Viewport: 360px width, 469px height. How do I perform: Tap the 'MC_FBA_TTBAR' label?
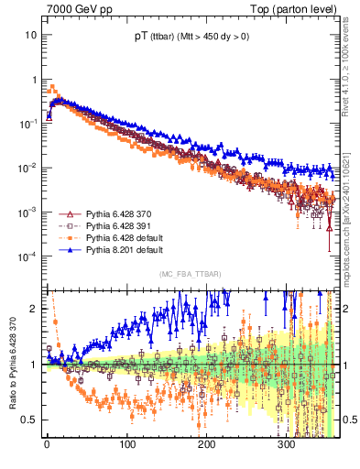(x=188, y=274)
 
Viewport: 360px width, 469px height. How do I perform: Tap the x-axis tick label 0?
(x=46, y=444)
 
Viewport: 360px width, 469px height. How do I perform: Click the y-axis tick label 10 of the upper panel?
(x=31, y=35)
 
